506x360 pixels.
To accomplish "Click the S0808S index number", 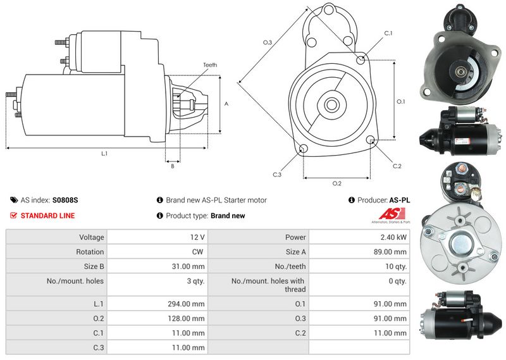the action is pyautogui.click(x=65, y=200).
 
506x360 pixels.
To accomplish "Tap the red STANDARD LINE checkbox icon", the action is pyautogui.click(x=13, y=215).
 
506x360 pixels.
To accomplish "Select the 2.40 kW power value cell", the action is pyautogui.click(x=359, y=237).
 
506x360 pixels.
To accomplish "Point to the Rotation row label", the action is pyautogui.click(x=90, y=252).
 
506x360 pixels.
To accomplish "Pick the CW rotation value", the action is pyautogui.click(x=197, y=252).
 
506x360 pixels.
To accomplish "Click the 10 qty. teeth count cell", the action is pyautogui.click(x=359, y=266).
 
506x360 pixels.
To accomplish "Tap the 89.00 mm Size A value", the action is pyautogui.click(x=359, y=252).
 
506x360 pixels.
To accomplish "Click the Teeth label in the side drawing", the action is pyautogui.click(x=210, y=65).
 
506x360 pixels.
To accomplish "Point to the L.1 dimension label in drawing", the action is pyautogui.click(x=104, y=154).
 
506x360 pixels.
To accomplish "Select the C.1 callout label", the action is pyautogui.click(x=388, y=34).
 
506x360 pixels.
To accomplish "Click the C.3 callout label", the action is pyautogui.click(x=277, y=175).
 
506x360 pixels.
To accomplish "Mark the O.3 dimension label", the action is pyautogui.click(x=268, y=42).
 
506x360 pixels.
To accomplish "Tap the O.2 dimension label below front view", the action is pyautogui.click(x=337, y=183).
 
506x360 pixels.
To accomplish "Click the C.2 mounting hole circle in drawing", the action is pyautogui.click(x=371, y=139).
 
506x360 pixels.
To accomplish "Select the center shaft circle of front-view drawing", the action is pyautogui.click(x=331, y=104).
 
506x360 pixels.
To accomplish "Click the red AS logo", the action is pyautogui.click(x=392, y=214).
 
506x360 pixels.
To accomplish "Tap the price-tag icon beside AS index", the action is pyautogui.click(x=14, y=200).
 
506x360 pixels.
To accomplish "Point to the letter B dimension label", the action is pyautogui.click(x=173, y=166).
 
